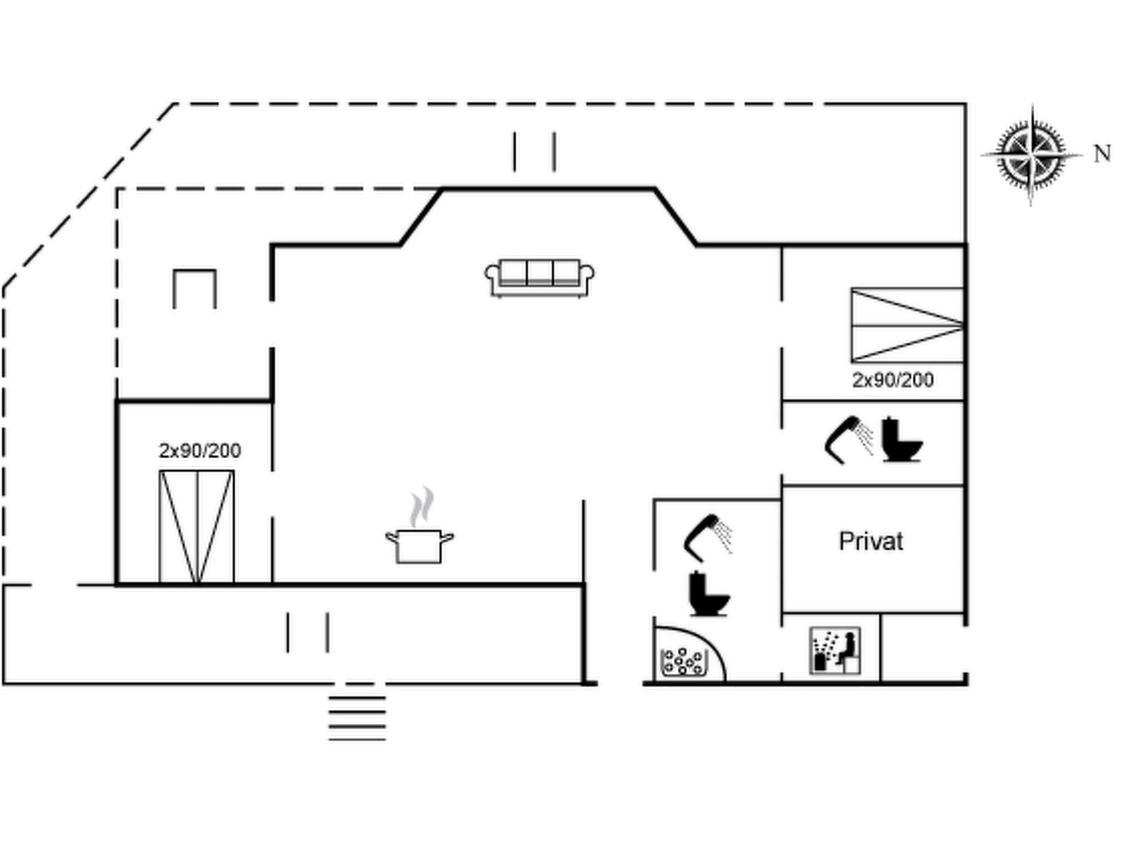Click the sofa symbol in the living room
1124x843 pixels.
tap(539, 277)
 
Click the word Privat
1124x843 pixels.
tap(871, 542)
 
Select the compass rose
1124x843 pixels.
tap(1031, 154)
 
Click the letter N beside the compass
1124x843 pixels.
tap(1102, 154)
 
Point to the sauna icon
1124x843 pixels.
tap(835, 651)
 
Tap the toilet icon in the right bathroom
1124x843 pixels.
tap(901, 440)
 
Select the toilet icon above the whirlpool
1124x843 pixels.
tap(709, 594)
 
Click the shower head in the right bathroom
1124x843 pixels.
tap(848, 439)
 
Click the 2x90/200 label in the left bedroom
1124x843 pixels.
tap(200, 451)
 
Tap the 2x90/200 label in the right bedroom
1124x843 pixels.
tap(892, 380)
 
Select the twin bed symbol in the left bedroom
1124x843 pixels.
tap(197, 526)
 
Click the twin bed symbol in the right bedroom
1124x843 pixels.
tap(907, 325)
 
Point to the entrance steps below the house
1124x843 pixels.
tap(357, 718)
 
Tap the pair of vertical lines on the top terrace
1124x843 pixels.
tap(534, 151)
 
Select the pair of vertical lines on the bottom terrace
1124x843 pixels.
tap(307, 633)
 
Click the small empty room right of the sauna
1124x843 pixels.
tap(923, 648)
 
